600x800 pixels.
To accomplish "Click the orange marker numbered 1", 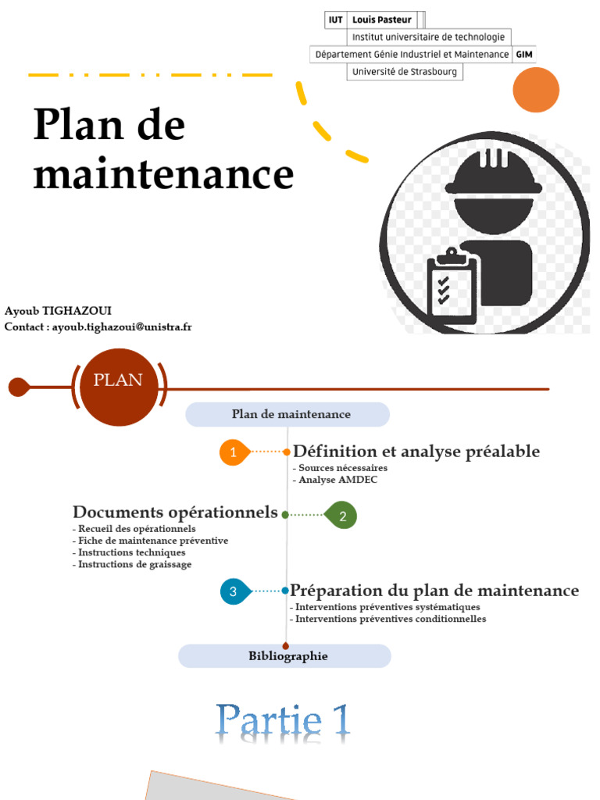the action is click(x=233, y=452).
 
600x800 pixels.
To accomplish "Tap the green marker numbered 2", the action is click(x=342, y=516).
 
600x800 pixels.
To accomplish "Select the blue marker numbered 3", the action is click(x=234, y=591).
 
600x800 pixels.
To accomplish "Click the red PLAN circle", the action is click(x=119, y=381).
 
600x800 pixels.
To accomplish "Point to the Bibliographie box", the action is click(x=285, y=656).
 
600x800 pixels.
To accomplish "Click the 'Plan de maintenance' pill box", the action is click(x=287, y=414).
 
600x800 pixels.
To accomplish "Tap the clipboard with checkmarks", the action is click(x=452, y=288).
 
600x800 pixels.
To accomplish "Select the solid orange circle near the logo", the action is click(x=536, y=90).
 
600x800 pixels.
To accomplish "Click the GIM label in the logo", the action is click(x=524, y=55).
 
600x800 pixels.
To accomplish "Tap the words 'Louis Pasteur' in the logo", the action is click(x=381, y=20).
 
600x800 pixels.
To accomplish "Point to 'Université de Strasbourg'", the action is click(x=405, y=72).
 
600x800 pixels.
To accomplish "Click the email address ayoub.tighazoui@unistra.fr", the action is click(x=122, y=327).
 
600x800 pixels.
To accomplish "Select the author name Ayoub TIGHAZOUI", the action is click(x=58, y=311).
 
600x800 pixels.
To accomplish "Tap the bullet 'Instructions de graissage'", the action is click(x=134, y=564).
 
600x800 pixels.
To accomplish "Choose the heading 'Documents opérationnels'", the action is click(x=175, y=512).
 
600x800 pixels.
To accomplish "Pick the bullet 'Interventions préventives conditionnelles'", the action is click(x=391, y=619).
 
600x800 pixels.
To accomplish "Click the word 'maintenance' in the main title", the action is click(x=163, y=175).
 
